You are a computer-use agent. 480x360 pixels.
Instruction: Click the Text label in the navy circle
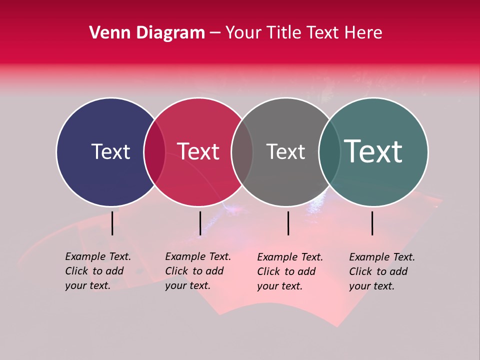click(110, 152)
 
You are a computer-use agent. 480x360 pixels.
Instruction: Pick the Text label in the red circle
click(198, 152)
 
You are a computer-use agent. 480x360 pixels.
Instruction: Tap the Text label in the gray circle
click(285, 152)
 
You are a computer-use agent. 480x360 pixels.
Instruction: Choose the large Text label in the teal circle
click(373, 151)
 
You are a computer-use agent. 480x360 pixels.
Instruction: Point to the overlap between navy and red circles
click(154, 152)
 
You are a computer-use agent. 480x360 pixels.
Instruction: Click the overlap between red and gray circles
click(242, 152)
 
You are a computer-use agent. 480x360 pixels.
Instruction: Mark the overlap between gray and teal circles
click(329, 152)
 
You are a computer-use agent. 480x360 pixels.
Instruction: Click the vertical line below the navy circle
click(112, 223)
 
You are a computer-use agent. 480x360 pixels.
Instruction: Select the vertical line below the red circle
click(200, 223)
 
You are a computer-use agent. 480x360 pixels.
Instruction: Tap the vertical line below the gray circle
click(288, 223)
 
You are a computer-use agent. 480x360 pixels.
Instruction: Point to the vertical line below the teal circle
click(372, 223)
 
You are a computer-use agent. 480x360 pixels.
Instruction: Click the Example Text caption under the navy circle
click(98, 271)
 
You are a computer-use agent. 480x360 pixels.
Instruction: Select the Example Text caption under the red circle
click(198, 271)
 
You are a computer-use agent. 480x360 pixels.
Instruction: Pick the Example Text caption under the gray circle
click(290, 271)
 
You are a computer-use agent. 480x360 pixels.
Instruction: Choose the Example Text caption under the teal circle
click(382, 271)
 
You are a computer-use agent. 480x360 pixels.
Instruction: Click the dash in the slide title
click(215, 33)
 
